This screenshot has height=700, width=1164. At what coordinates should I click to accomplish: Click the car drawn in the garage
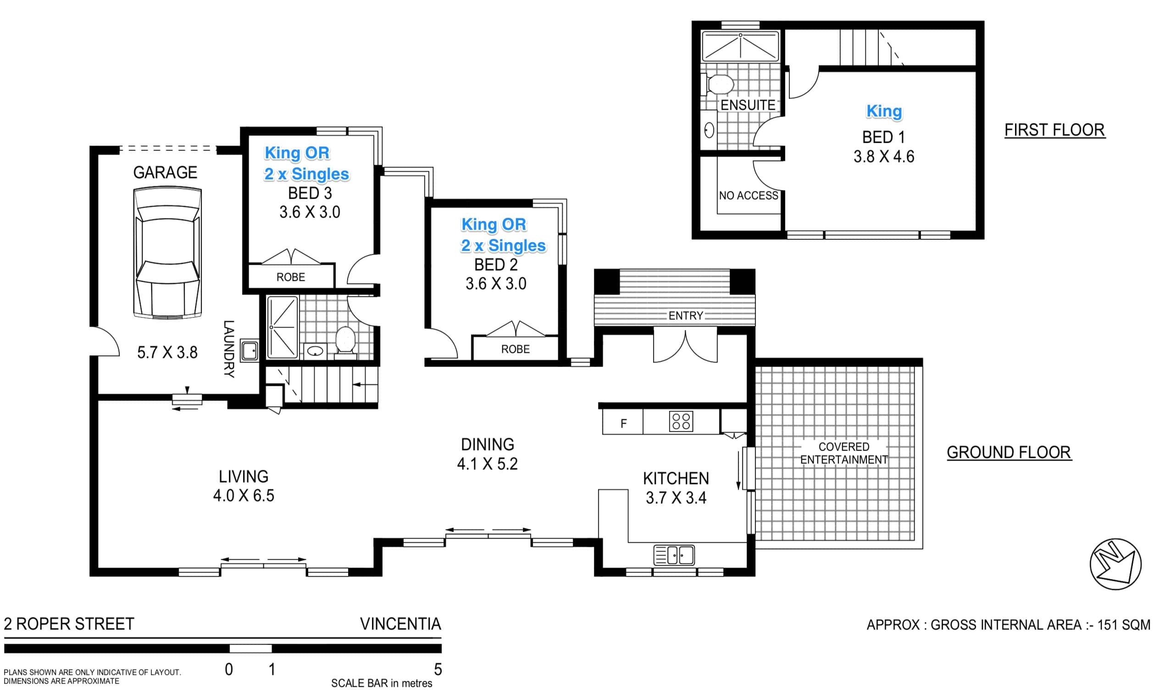point(167,253)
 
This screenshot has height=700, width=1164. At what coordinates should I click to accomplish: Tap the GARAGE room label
point(165,172)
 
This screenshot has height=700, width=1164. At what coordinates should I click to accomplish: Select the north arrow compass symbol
point(1115,564)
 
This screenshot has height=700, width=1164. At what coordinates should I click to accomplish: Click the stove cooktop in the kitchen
point(681,421)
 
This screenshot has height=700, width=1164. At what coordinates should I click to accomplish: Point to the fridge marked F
point(623,422)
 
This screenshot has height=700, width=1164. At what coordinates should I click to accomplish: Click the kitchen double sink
point(674,555)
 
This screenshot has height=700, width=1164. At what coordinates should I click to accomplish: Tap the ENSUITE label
point(748,105)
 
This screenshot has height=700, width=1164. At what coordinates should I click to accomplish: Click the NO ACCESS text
point(748,195)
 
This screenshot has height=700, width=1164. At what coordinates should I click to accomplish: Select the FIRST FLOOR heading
point(1054,130)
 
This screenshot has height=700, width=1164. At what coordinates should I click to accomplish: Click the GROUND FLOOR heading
point(1009,452)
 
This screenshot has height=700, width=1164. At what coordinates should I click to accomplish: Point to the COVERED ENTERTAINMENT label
point(844,453)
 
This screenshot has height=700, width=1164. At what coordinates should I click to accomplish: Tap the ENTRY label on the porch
point(686,316)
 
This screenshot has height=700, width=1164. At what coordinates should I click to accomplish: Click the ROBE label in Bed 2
point(515,349)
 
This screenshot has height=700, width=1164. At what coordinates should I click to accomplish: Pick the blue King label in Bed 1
point(884,111)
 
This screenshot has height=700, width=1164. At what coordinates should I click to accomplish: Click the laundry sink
point(249,350)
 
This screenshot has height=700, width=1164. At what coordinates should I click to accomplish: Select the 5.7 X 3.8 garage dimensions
point(167,352)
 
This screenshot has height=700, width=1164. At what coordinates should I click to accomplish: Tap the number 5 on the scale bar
point(438,669)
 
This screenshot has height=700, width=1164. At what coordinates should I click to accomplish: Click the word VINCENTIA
point(400,624)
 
